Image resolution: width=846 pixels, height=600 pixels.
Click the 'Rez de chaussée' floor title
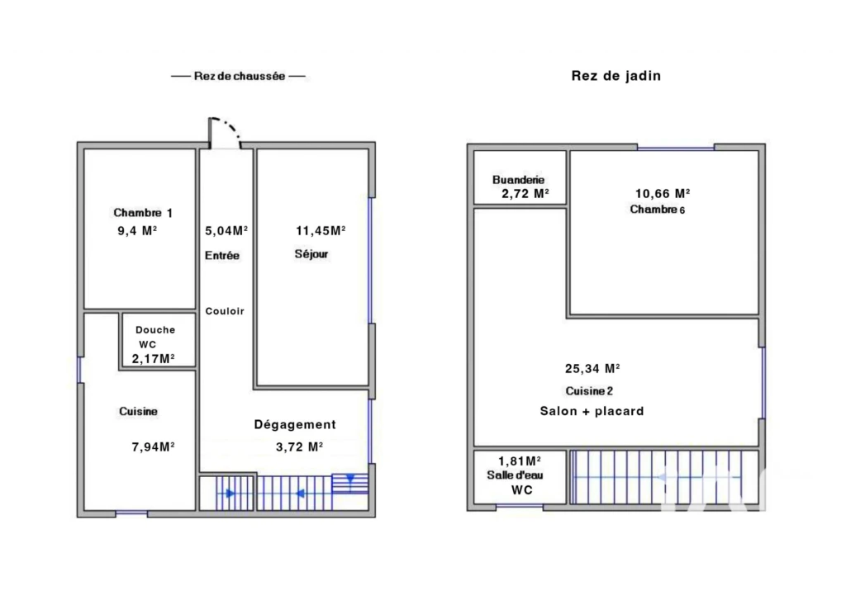tap(239, 76)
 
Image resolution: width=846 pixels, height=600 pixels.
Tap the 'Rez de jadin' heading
tap(616, 75)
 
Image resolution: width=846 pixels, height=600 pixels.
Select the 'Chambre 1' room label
tap(143, 212)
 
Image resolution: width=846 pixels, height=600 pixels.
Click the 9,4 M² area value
tap(137, 231)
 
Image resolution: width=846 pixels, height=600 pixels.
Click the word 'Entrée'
tap(221, 256)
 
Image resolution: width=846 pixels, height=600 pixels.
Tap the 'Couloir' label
tap(225, 311)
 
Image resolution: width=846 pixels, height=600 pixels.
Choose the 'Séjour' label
tap(311, 254)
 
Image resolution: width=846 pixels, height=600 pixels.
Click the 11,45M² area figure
tap(321, 231)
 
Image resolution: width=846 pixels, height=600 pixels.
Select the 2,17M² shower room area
tap(153, 358)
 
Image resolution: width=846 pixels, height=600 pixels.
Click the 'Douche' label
tap(155, 330)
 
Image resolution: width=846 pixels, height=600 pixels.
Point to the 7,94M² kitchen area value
tap(153, 446)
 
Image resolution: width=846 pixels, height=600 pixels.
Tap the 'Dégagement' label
tap(295, 425)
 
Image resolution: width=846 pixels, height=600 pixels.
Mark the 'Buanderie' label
tap(519, 180)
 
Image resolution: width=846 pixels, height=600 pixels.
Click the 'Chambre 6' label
tap(658, 209)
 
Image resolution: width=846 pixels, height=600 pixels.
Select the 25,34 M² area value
tap(592, 369)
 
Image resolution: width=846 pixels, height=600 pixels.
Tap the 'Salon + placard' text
tap(592, 411)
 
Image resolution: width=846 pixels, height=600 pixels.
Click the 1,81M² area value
tap(520, 461)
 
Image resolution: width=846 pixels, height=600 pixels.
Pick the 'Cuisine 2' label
tap(589, 391)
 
